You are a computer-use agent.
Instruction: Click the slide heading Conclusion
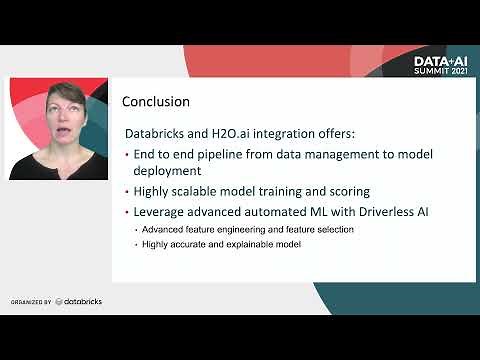click(155, 102)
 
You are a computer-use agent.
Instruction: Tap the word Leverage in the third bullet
click(162, 211)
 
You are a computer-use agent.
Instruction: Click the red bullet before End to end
click(127, 155)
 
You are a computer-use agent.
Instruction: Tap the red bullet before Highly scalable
click(127, 190)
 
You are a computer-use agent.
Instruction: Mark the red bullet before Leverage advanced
click(127, 211)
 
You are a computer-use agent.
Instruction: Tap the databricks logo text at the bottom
click(82, 301)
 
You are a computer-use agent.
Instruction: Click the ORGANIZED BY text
click(30, 302)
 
